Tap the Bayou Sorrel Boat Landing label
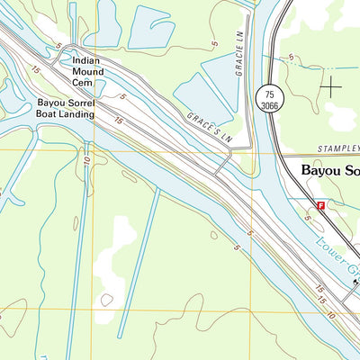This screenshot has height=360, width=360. tap(65, 109)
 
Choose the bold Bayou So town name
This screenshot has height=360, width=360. tap(329, 168)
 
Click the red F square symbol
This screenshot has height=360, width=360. tap(320, 206)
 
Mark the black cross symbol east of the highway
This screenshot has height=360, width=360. tap(332, 87)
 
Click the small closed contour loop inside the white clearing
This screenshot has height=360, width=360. tap(107, 299)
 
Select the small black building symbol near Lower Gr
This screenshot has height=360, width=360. tap(356, 281)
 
